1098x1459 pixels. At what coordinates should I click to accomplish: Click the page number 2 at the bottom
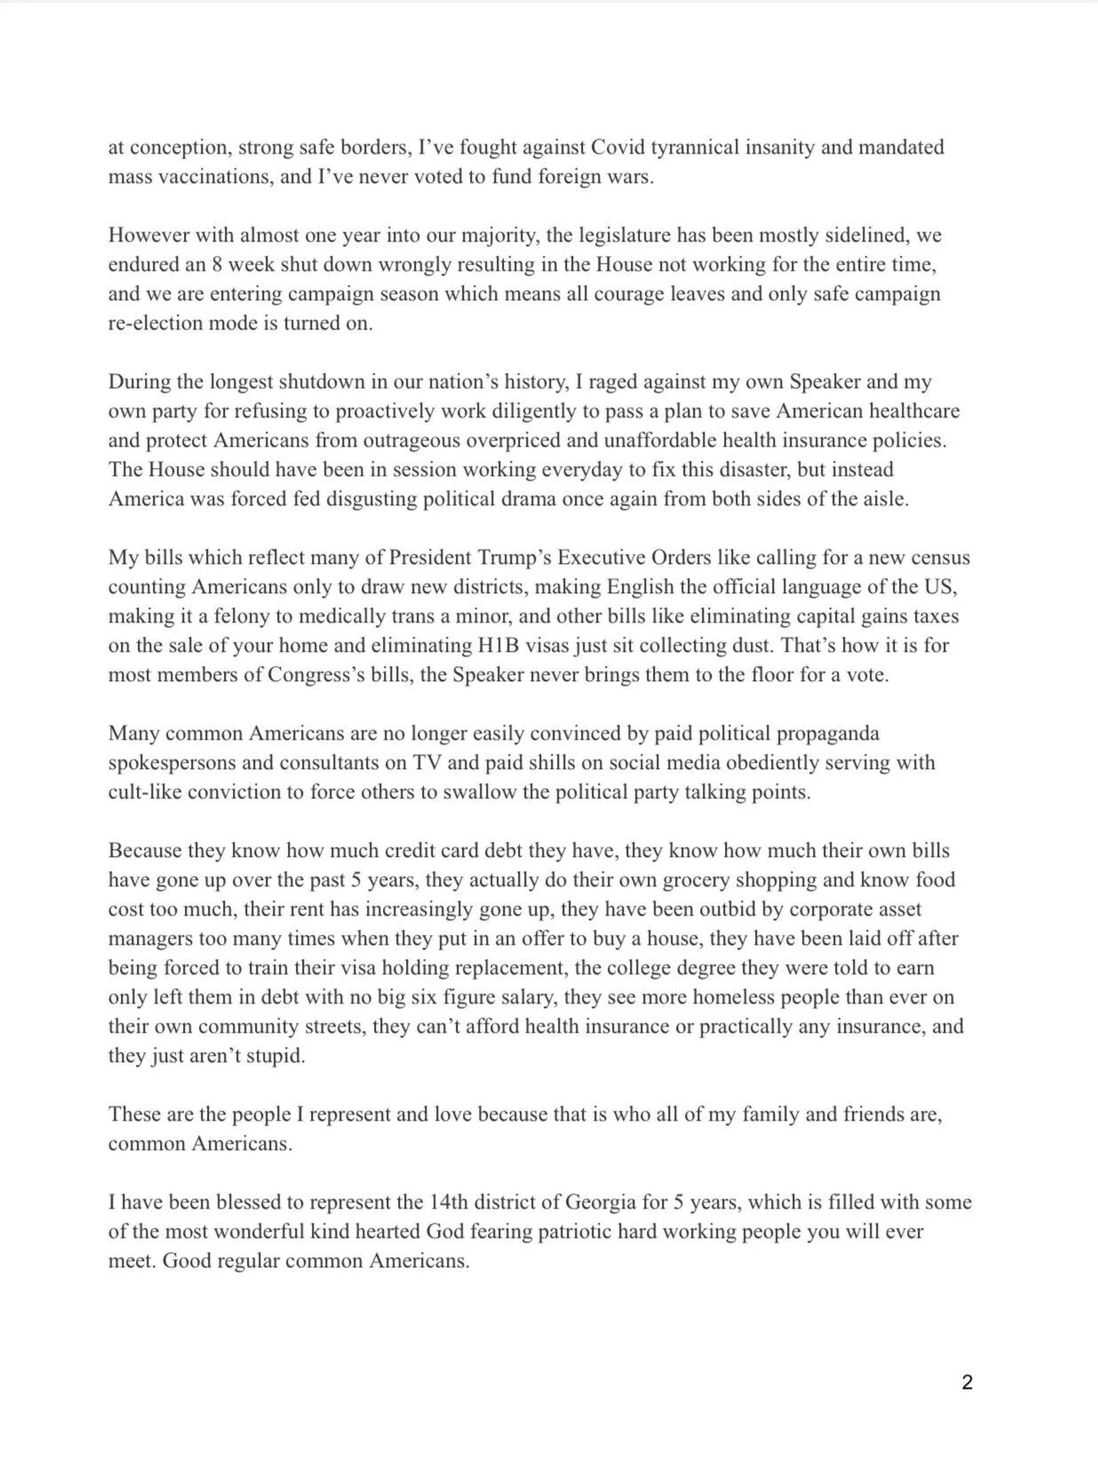click(x=967, y=1383)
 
